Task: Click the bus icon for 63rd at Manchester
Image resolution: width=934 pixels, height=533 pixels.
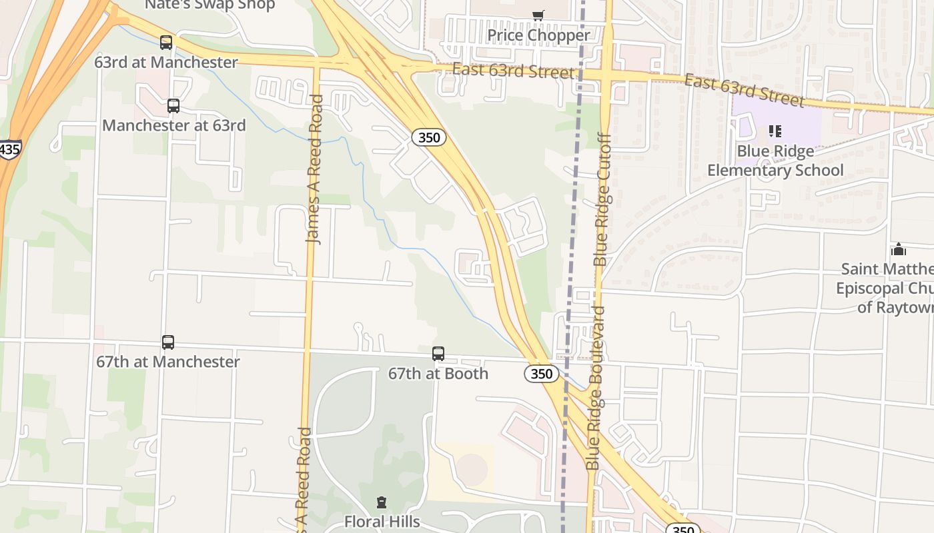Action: [x=166, y=43]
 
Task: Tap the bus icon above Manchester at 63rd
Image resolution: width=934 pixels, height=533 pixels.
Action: [x=173, y=105]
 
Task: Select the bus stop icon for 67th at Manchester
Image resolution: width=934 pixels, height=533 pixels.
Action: [x=168, y=342]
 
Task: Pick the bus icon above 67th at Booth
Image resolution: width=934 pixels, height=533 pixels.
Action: [x=438, y=354]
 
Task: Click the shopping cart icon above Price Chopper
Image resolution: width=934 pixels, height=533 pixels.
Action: [x=538, y=15]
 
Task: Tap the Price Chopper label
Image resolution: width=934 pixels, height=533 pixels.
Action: [x=538, y=35]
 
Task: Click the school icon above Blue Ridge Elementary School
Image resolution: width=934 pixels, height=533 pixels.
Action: [x=775, y=131]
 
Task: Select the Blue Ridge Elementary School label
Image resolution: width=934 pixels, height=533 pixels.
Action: [x=775, y=161]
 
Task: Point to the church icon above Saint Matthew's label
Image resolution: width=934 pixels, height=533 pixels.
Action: [x=899, y=250]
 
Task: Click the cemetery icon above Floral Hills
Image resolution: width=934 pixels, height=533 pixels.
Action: [x=382, y=502]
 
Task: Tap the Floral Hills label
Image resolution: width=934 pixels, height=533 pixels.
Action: [x=382, y=521]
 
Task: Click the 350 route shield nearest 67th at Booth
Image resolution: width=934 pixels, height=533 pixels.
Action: [x=541, y=374]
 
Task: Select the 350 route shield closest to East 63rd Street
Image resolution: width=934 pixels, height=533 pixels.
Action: [x=428, y=138]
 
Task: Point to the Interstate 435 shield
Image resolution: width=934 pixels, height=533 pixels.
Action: [x=9, y=149]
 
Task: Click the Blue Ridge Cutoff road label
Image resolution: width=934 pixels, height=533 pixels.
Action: [x=602, y=200]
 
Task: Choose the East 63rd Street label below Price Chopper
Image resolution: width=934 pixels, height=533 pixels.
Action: [x=513, y=70]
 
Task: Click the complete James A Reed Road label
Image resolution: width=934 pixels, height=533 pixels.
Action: [x=315, y=169]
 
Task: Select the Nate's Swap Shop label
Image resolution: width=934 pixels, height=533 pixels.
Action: [x=209, y=5]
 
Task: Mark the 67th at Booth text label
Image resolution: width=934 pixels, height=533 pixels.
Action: [x=438, y=374]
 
